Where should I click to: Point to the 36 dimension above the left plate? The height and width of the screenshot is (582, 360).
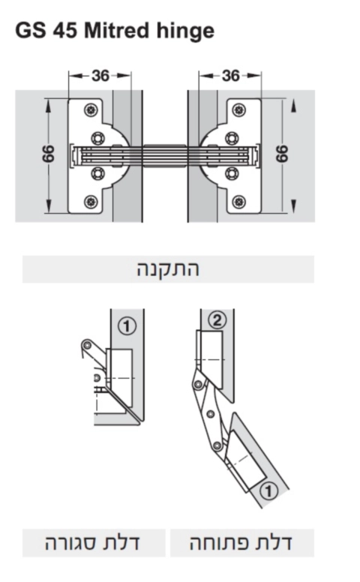(x=100, y=76)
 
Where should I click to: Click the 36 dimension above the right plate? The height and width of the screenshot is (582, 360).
(x=230, y=76)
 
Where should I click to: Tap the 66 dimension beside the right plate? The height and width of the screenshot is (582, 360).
(x=282, y=155)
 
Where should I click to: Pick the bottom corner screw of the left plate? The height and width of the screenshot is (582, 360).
(x=91, y=201)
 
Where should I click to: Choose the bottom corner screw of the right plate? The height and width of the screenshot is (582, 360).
(x=239, y=201)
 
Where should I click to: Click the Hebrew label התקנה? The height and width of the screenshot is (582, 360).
(x=168, y=268)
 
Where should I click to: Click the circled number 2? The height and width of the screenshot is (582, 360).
(x=217, y=320)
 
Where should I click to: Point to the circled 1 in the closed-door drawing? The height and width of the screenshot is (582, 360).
(x=127, y=325)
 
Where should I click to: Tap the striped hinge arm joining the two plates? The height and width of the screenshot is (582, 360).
(x=165, y=155)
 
